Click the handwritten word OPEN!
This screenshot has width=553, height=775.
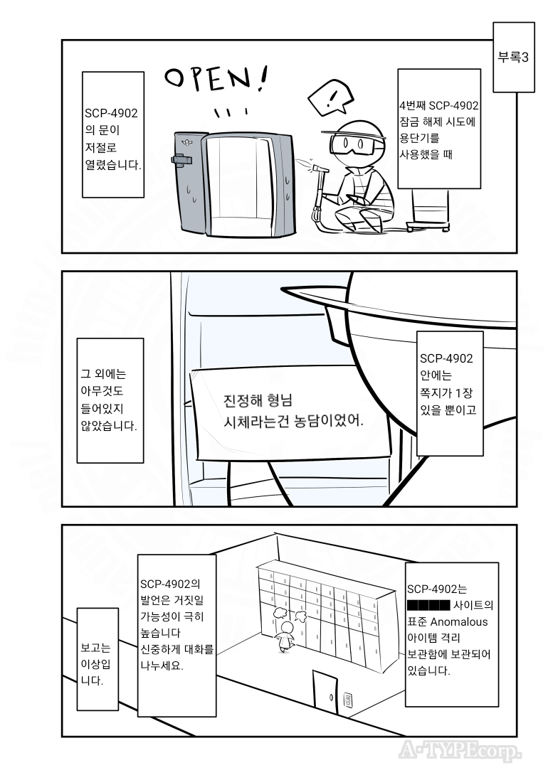[x=216, y=80]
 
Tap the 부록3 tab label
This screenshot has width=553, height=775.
[x=512, y=58]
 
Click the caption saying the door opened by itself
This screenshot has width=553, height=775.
[x=113, y=136]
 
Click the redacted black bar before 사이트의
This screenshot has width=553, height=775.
[x=428, y=606]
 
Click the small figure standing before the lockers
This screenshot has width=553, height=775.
[x=286, y=631]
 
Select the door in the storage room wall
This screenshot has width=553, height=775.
[x=325, y=693]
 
